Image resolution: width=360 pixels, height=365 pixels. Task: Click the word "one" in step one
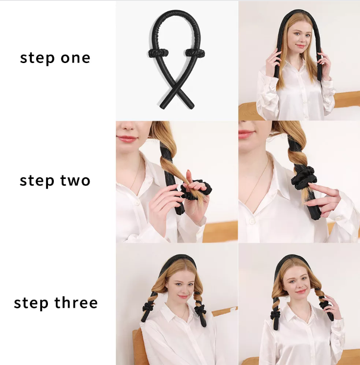point(75,58)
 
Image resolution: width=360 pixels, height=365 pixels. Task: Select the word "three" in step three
point(76,302)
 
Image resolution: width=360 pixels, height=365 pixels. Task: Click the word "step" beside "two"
point(37,181)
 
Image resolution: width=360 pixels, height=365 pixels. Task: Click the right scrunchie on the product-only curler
point(195,53)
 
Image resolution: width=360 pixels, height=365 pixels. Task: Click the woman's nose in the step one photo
point(301,39)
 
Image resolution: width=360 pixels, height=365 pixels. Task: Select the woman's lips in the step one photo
point(301,46)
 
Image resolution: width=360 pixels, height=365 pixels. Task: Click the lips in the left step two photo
point(127,139)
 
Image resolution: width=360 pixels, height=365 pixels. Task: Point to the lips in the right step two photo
point(246,134)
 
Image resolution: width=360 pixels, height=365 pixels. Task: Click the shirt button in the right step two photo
point(251,221)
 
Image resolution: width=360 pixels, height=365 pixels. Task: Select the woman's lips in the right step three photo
point(301,291)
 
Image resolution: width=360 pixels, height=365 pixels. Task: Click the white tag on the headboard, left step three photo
point(232,309)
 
